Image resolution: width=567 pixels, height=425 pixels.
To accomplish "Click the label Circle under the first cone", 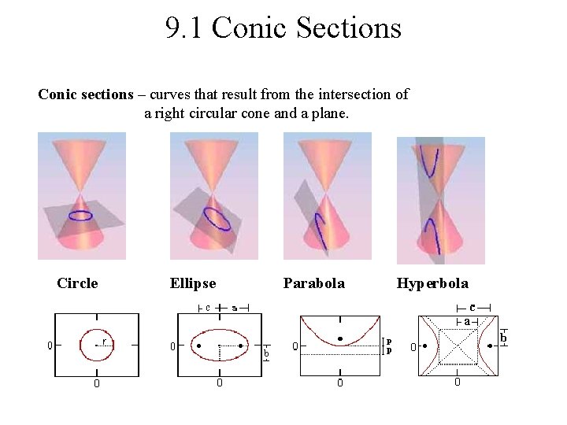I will (x=77, y=283).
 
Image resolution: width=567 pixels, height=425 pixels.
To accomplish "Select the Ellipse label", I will (x=192, y=283).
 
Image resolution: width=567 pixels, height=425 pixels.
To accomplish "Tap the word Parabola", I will (x=313, y=283).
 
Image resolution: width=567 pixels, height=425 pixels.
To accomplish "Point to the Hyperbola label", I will (x=432, y=283).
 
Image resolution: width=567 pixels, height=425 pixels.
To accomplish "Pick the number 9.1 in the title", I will (x=184, y=29).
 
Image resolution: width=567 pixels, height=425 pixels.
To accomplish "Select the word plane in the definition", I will (x=328, y=114).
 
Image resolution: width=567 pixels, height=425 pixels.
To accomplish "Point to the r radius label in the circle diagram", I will (x=104, y=342).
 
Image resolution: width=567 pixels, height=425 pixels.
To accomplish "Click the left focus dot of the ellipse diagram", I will (x=199, y=346).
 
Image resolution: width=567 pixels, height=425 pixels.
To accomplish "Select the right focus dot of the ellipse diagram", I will (x=240, y=346).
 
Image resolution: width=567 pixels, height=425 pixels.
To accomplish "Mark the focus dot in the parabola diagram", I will (x=339, y=339).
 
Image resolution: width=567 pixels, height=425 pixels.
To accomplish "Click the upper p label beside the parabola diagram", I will (x=389, y=342).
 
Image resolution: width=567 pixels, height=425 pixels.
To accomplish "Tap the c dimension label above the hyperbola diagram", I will (x=472, y=307).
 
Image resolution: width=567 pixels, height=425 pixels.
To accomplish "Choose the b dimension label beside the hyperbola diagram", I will (x=503, y=338).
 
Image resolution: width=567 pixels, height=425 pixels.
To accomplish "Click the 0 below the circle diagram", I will (x=97, y=384).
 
